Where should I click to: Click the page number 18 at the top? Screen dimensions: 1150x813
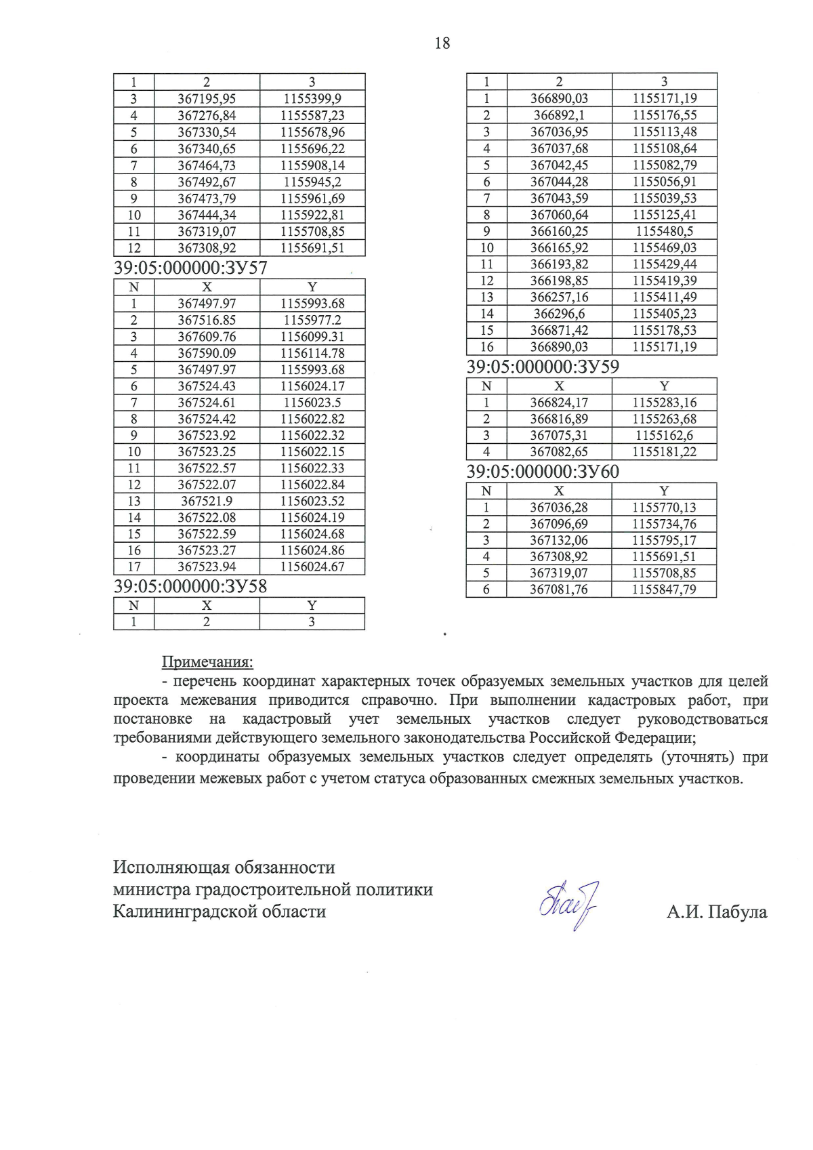(442, 43)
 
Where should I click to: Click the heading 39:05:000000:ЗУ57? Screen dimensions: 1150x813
(190, 268)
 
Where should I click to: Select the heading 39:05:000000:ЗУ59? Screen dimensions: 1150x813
(543, 367)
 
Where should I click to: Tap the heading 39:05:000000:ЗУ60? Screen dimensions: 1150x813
(543, 472)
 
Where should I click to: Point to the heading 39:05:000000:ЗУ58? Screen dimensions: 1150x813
(190, 586)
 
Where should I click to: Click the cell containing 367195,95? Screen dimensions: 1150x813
(207, 99)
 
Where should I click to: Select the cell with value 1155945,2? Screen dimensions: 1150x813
(312, 182)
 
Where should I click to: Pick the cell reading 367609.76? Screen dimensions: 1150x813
(207, 337)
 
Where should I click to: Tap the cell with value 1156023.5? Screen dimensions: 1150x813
(312, 403)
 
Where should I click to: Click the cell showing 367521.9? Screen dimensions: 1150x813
(207, 501)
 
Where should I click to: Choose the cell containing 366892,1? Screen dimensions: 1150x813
(559, 115)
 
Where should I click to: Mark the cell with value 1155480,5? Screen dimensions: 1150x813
(665, 231)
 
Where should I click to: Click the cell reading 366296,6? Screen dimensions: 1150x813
(559, 314)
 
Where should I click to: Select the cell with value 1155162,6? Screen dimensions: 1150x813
(665, 436)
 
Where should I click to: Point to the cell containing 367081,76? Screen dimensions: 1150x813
(559, 590)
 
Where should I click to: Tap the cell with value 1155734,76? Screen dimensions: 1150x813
(665, 524)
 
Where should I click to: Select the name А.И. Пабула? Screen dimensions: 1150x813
(717, 912)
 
